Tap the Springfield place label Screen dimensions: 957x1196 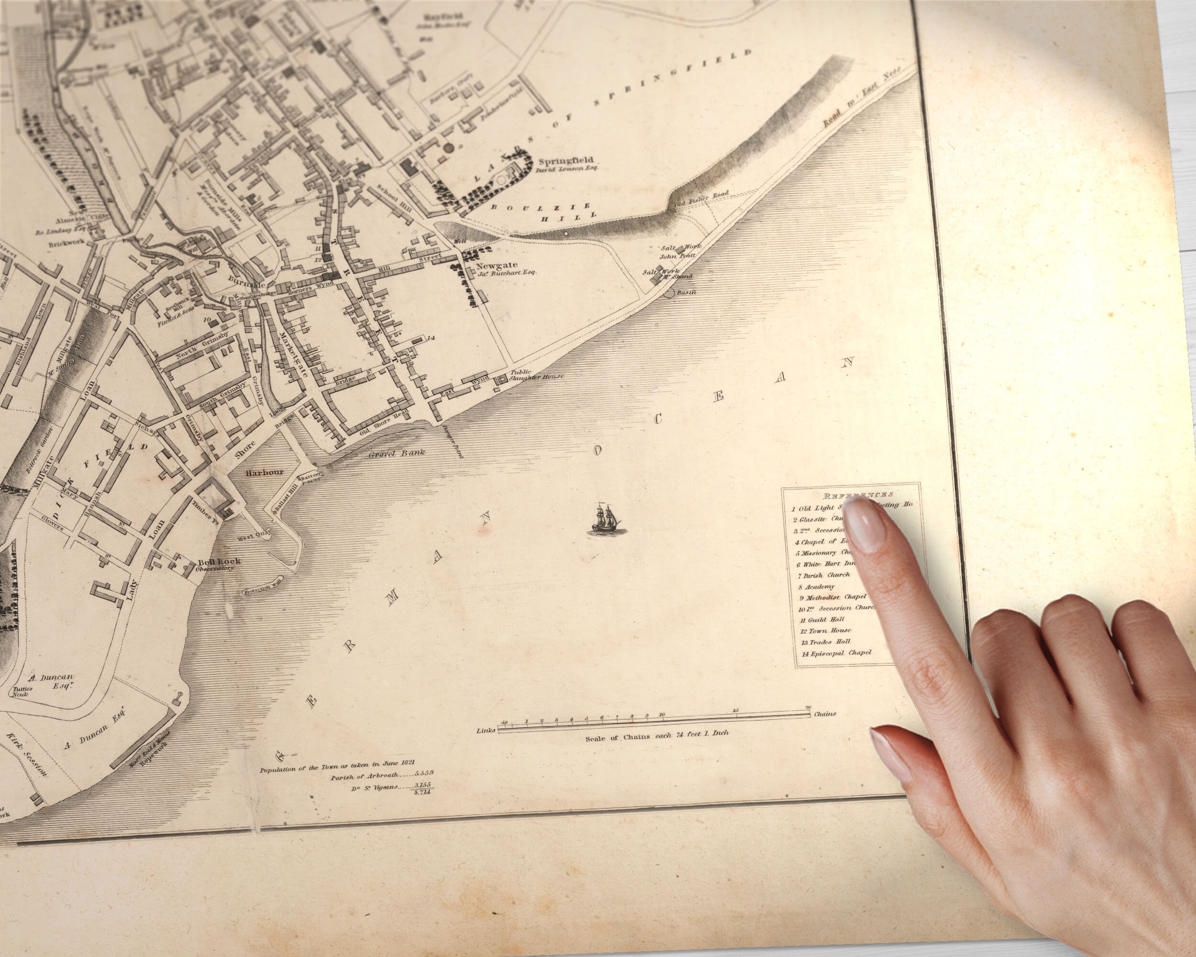[565, 161]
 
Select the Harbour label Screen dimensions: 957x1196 [265, 472]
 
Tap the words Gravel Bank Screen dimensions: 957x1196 [397, 453]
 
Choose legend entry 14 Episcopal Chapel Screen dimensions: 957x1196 [837, 653]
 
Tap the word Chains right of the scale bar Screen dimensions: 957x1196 [825, 713]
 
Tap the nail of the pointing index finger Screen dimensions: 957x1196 [863, 522]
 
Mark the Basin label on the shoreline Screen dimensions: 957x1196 [686, 292]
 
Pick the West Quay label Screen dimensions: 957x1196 [254, 536]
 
